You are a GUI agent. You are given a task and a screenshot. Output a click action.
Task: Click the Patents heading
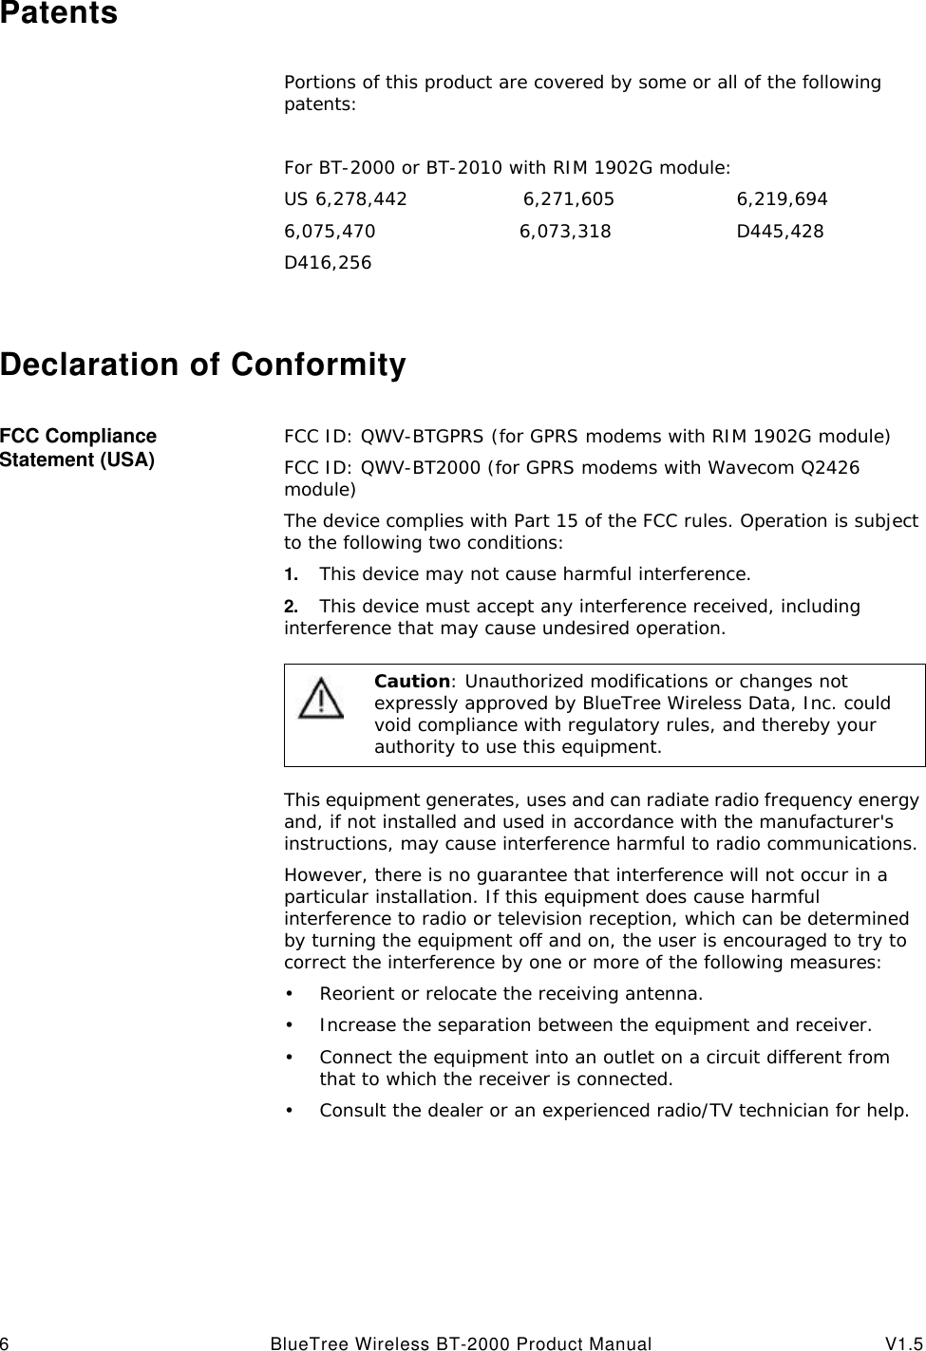click(x=59, y=13)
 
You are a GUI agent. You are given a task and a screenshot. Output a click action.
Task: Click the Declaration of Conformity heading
click(x=203, y=365)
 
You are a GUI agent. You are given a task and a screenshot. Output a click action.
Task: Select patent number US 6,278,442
click(x=346, y=199)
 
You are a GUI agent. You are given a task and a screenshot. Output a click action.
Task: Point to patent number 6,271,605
click(x=569, y=199)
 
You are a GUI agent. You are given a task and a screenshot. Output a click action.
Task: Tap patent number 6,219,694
click(x=782, y=199)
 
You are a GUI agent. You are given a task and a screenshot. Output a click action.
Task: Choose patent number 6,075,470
click(x=330, y=232)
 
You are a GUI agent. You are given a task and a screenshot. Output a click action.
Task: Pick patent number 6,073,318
click(x=565, y=232)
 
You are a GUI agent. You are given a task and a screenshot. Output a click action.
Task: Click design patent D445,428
click(x=780, y=232)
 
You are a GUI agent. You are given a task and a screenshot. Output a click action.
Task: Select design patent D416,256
click(x=329, y=262)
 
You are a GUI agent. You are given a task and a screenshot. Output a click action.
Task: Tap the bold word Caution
click(x=412, y=681)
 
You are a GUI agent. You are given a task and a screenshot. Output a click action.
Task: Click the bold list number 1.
click(x=291, y=574)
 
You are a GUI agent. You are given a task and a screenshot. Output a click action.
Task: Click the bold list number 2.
click(x=291, y=606)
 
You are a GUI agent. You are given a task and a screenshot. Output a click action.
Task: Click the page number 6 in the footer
click(x=5, y=1343)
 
